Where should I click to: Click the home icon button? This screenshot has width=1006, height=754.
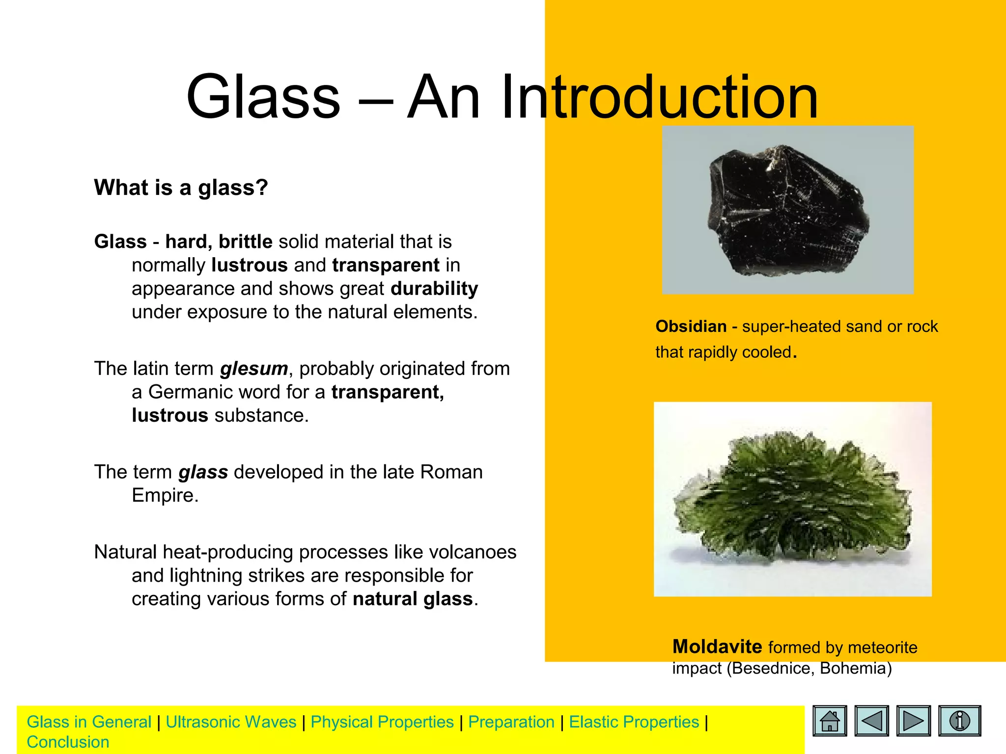tap(830, 721)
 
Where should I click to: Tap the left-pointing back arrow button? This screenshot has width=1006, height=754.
tap(871, 721)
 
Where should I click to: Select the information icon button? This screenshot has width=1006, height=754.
tap(959, 721)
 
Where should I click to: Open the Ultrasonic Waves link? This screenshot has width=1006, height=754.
tap(231, 722)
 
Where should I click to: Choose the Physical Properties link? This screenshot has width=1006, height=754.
tap(382, 722)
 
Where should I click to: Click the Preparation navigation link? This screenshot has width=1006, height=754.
tap(511, 722)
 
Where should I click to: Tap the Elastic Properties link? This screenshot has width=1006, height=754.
tap(634, 722)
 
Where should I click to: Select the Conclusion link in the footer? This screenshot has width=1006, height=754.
tap(68, 742)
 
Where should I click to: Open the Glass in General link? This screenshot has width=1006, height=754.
tap(89, 722)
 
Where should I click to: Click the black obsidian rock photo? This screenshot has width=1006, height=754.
tap(787, 210)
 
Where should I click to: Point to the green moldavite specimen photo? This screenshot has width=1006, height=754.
tap(792, 499)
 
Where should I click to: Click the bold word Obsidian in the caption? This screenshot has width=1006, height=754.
tap(691, 326)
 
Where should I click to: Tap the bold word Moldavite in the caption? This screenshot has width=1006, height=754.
tap(717, 647)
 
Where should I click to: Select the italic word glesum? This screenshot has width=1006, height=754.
tap(253, 369)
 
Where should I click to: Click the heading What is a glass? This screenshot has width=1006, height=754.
tap(181, 188)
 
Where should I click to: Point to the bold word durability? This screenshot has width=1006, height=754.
tap(434, 289)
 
